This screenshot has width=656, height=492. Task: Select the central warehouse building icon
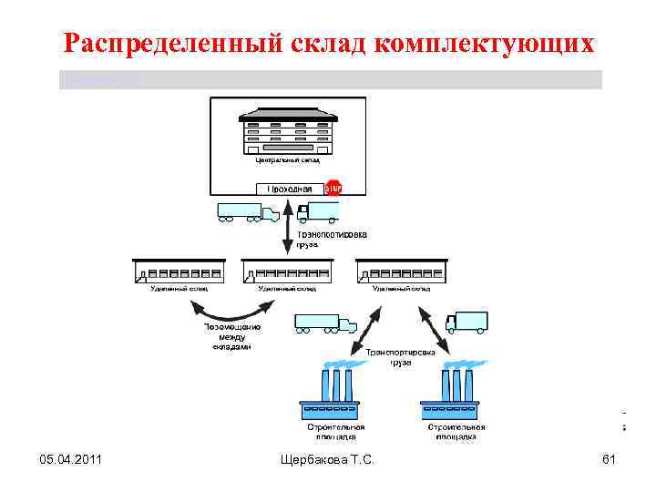(x=287, y=134)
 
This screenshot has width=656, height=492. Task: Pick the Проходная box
(x=289, y=189)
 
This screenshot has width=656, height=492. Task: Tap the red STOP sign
(x=333, y=188)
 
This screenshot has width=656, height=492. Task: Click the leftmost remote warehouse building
(x=179, y=271)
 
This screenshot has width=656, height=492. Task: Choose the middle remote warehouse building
(x=287, y=271)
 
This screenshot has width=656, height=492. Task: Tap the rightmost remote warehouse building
(x=401, y=271)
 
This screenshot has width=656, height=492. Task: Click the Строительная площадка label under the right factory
(x=456, y=431)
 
